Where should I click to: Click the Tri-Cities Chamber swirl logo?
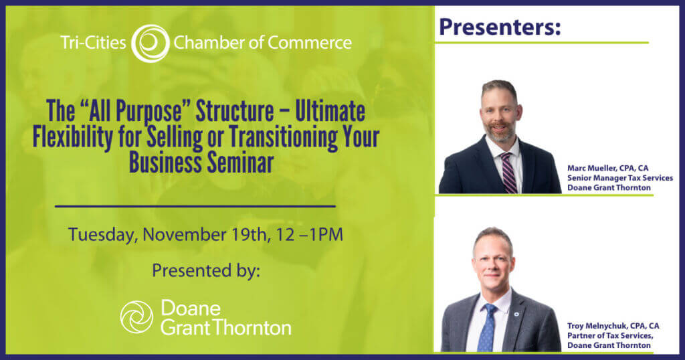(x=151, y=43)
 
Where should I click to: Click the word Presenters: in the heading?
(x=500, y=27)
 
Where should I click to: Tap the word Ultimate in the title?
(x=330, y=111)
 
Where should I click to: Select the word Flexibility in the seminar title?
(x=72, y=137)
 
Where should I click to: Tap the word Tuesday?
(x=102, y=235)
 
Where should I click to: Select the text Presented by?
(x=206, y=270)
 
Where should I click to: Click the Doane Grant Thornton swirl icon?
(x=136, y=317)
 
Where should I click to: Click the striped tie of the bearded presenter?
(x=508, y=173)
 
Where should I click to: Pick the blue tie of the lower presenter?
(x=488, y=328)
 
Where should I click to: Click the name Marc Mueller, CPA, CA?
(x=607, y=168)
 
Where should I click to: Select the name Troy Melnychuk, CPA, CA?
(x=613, y=326)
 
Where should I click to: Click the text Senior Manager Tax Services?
(x=620, y=178)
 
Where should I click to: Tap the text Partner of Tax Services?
(x=610, y=335)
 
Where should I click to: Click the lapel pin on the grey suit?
(x=517, y=314)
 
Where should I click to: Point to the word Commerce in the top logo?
(x=309, y=43)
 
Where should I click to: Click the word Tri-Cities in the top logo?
(x=93, y=43)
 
